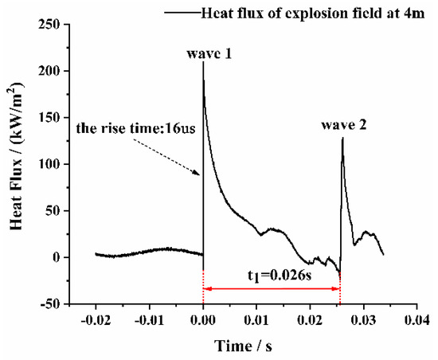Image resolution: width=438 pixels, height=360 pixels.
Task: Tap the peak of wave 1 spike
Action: pos(203,62)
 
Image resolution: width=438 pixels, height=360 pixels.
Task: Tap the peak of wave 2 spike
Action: pos(342,138)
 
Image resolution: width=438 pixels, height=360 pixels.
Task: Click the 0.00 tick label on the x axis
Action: pos(203,319)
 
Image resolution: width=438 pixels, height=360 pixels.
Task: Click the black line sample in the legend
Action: pos(182,10)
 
